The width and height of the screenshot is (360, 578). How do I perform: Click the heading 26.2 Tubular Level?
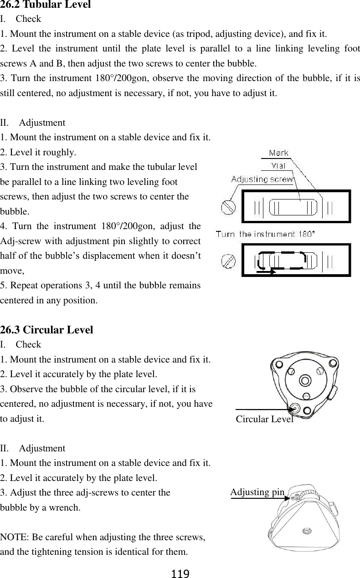[46, 5]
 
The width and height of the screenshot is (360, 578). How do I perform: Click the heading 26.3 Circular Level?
[47, 329]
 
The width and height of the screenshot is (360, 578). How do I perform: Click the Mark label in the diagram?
[278, 153]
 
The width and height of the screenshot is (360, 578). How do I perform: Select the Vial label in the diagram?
[278, 166]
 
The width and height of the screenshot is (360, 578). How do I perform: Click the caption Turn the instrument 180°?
[265, 234]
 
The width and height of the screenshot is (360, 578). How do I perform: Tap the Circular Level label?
[264, 419]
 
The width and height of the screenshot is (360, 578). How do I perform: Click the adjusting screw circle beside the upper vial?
[228, 207]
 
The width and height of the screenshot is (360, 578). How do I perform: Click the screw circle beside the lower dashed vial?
[228, 261]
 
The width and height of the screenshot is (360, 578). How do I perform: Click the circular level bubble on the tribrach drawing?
[295, 409]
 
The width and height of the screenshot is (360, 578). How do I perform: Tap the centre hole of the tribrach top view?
[305, 380]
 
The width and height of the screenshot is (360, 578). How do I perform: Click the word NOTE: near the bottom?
[14, 537]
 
